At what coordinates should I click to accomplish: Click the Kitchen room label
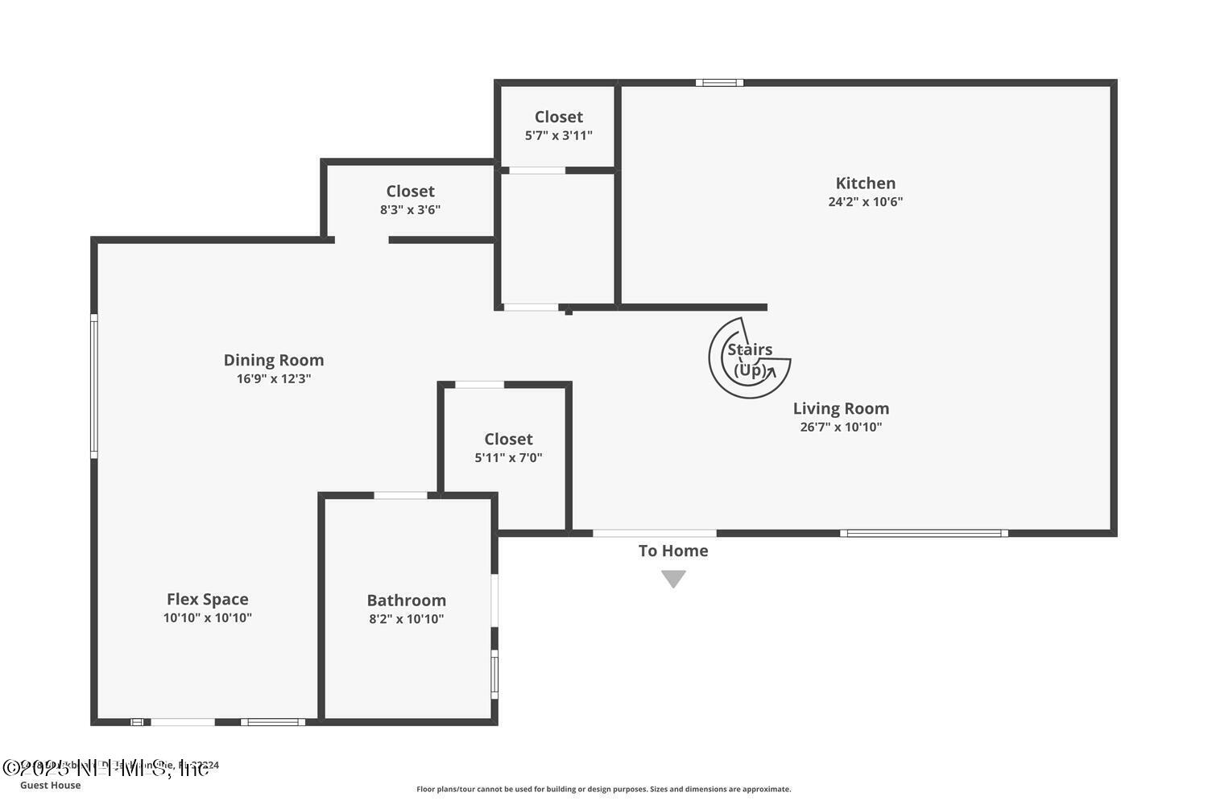pyautogui.click(x=865, y=184)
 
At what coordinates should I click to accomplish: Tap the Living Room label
pyautogui.click(x=841, y=409)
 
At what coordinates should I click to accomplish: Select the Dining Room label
pyautogui.click(x=274, y=361)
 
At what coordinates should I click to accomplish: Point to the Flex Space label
pyautogui.click(x=207, y=600)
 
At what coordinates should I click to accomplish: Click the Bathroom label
pyautogui.click(x=406, y=601)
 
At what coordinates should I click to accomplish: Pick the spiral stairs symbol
pyautogui.click(x=749, y=358)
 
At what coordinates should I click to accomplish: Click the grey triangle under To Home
pyautogui.click(x=673, y=579)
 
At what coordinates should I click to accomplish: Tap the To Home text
pyautogui.click(x=673, y=551)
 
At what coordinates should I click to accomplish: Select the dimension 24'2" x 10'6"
pyautogui.click(x=865, y=202)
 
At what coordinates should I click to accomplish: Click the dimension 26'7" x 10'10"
pyautogui.click(x=841, y=427)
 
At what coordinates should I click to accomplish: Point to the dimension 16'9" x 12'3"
pyautogui.click(x=274, y=379)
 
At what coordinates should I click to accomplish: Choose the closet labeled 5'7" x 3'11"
pyautogui.click(x=558, y=126)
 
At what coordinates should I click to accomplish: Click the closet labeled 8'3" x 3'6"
pyautogui.click(x=410, y=200)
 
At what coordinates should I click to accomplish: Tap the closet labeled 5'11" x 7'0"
pyautogui.click(x=508, y=448)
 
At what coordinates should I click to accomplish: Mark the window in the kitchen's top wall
pyautogui.click(x=719, y=82)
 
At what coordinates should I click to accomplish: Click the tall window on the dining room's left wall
pyautogui.click(x=94, y=386)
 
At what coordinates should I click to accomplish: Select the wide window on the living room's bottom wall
pyautogui.click(x=924, y=533)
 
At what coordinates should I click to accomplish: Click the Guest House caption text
pyautogui.click(x=50, y=786)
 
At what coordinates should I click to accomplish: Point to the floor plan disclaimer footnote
pyautogui.click(x=603, y=790)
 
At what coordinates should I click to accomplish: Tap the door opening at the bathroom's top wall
pyautogui.click(x=400, y=495)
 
